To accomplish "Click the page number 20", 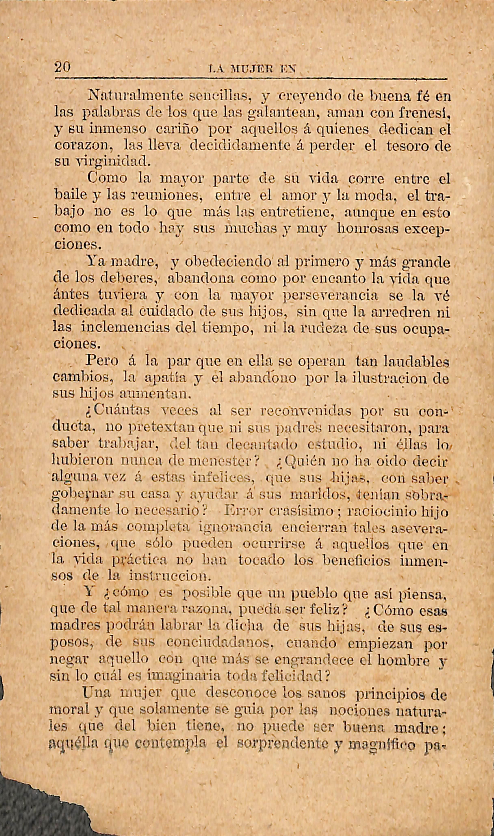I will [x=63, y=68].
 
